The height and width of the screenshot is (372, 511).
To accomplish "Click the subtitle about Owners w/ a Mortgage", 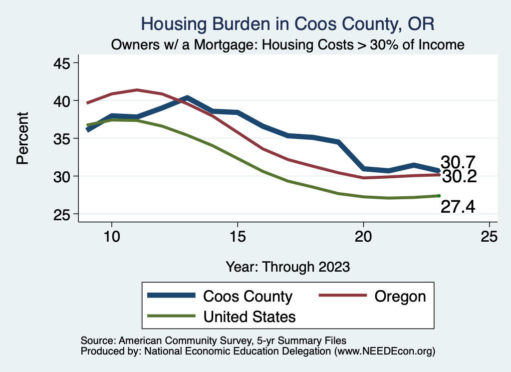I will tap(287, 45).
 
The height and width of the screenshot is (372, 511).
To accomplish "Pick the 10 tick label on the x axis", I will tap(112, 237).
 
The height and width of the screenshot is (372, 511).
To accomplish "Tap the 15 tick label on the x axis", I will tap(238, 237).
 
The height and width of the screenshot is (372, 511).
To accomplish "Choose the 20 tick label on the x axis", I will tap(363, 237).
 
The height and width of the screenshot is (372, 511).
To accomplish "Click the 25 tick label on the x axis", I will tap(489, 237).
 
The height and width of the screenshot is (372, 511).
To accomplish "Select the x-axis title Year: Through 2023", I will tap(287, 266).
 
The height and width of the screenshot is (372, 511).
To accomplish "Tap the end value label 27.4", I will tap(458, 206).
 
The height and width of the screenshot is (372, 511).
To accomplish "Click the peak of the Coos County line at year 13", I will tap(187, 98).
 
